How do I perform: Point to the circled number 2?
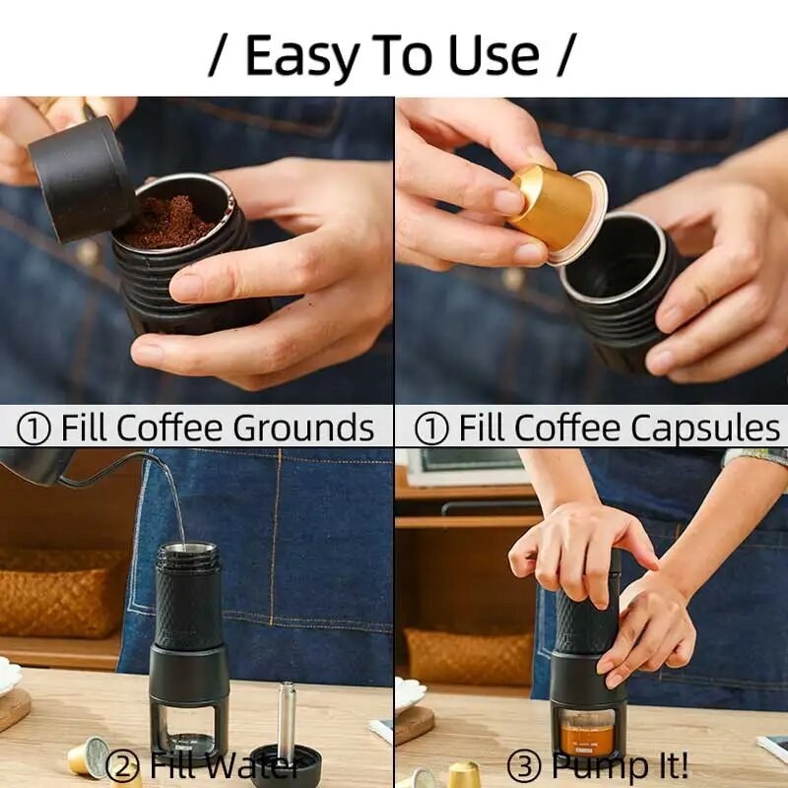(122, 765)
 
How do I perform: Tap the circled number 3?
(522, 765)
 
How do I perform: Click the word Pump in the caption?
(591, 765)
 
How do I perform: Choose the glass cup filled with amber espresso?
(587, 734)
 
